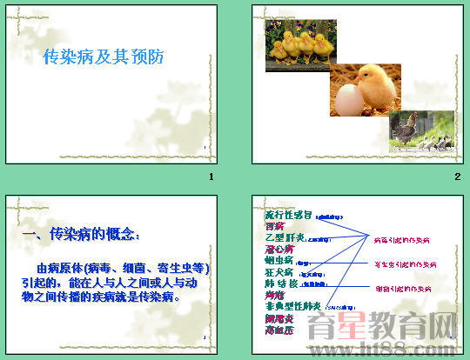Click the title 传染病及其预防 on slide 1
(104, 58)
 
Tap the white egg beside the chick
(345, 97)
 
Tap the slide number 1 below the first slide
(211, 178)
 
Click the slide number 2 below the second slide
(456, 178)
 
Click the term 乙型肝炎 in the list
(284, 237)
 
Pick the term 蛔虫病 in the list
(279, 260)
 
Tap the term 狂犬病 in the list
(279, 272)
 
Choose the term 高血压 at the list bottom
(279, 330)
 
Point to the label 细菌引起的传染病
(403, 289)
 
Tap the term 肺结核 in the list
(281, 283)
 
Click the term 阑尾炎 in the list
(279, 318)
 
